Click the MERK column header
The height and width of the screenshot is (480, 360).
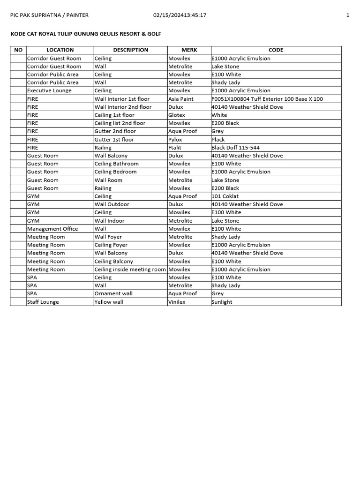[189, 50]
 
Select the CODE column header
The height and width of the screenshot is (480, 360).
[276, 50]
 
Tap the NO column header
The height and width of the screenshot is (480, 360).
[18, 50]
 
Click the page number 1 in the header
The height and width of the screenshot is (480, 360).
[348, 15]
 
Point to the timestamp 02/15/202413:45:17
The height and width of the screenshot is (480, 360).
[180, 15]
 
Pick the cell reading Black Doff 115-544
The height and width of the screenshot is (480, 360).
[235, 148]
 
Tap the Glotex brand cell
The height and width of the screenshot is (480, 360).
[177, 115]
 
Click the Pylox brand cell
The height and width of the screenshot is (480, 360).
[175, 139]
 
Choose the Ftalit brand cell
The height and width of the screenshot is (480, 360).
[175, 148]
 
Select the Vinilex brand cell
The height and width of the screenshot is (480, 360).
[177, 302]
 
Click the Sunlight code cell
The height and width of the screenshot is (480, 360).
[222, 302]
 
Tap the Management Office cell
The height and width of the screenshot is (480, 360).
[52, 229]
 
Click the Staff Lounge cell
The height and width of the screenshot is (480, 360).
[43, 302]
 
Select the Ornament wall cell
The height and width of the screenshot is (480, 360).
[113, 293]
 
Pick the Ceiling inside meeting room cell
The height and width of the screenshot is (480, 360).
[130, 270]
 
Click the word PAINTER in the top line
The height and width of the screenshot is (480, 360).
[76, 15]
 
